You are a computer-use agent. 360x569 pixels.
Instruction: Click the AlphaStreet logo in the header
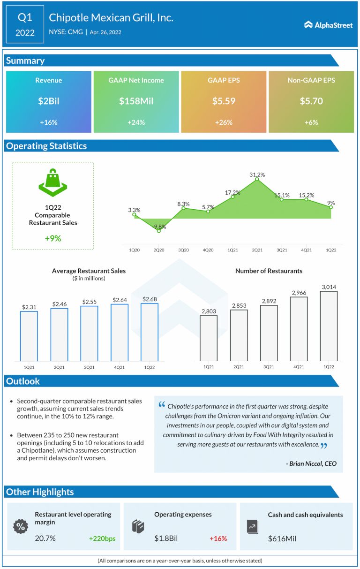(328, 25)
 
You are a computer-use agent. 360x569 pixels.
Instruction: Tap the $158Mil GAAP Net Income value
(135, 101)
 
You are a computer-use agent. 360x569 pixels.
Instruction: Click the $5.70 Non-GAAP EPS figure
(310, 101)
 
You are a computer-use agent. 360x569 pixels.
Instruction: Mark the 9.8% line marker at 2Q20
(159, 231)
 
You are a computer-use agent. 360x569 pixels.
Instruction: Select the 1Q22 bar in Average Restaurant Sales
(149, 332)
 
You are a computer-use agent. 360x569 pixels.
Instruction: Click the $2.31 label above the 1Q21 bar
(29, 307)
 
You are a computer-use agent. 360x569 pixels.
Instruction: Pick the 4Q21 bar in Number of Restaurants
(299, 328)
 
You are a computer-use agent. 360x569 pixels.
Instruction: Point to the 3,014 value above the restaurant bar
(329, 287)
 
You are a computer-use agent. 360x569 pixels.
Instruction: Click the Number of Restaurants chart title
(269, 271)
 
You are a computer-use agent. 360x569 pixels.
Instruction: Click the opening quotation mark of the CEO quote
(162, 404)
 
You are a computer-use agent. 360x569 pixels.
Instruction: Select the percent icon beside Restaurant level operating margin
(20, 526)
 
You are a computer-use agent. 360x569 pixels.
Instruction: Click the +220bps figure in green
(102, 539)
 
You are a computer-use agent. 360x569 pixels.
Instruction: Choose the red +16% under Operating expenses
(218, 539)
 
